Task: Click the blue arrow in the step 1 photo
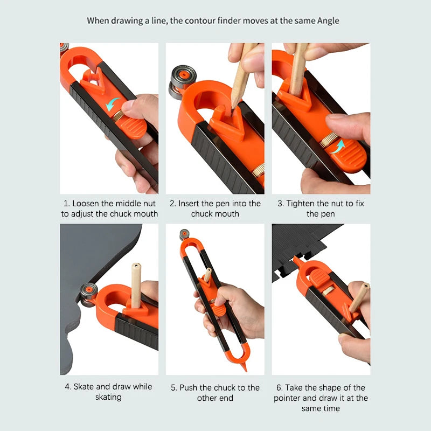tap(115, 104)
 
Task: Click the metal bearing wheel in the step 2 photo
tap(182, 81)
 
